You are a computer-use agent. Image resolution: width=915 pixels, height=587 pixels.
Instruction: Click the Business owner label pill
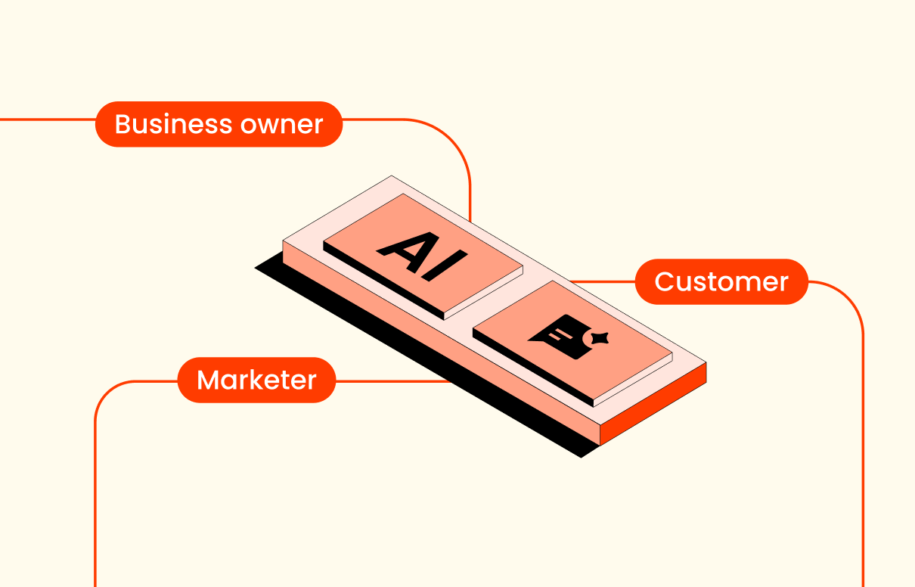[219, 124]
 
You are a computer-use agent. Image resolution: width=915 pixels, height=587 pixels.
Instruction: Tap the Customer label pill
[721, 281]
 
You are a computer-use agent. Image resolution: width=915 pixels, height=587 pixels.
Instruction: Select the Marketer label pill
[256, 380]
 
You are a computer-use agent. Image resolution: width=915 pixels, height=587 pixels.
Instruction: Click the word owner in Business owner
[281, 125]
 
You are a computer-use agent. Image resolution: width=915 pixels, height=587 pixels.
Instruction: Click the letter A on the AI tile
[408, 251]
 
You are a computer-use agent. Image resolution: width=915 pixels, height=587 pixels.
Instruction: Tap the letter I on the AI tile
[445, 266]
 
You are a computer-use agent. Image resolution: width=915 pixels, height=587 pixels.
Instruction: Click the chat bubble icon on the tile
[562, 337]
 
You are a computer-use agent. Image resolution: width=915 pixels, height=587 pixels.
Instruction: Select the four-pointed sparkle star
[600, 338]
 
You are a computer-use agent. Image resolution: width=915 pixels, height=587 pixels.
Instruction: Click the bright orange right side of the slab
[653, 404]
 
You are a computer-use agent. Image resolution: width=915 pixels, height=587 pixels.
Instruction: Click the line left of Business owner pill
[48, 120]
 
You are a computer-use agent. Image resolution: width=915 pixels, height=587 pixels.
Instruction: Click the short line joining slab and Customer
[603, 281]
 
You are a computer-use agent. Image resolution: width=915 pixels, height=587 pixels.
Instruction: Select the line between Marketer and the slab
[393, 381]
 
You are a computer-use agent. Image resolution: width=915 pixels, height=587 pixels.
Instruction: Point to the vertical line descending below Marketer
[95, 490]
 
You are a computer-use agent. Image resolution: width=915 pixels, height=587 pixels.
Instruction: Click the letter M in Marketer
[208, 380]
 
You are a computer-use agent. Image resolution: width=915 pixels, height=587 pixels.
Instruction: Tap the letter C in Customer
[665, 282]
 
